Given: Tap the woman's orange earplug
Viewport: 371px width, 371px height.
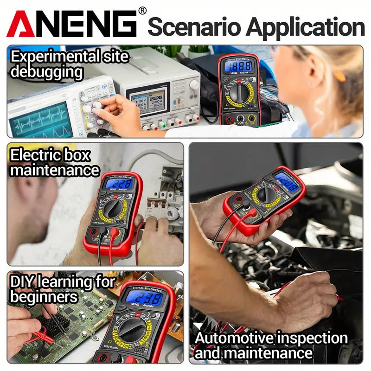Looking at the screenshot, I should coord(340,75).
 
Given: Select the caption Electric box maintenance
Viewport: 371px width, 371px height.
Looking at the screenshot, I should coord(55,162).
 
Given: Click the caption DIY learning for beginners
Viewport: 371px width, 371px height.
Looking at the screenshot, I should coord(63,288).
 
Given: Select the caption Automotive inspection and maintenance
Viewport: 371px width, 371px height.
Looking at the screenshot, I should coord(271,345).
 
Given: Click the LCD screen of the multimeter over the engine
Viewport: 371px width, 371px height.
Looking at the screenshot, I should coord(286,182).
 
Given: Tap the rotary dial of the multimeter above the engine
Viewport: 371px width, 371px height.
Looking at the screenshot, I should coord(266,195).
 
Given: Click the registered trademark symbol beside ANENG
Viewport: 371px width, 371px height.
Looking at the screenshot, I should coord(142,10).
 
